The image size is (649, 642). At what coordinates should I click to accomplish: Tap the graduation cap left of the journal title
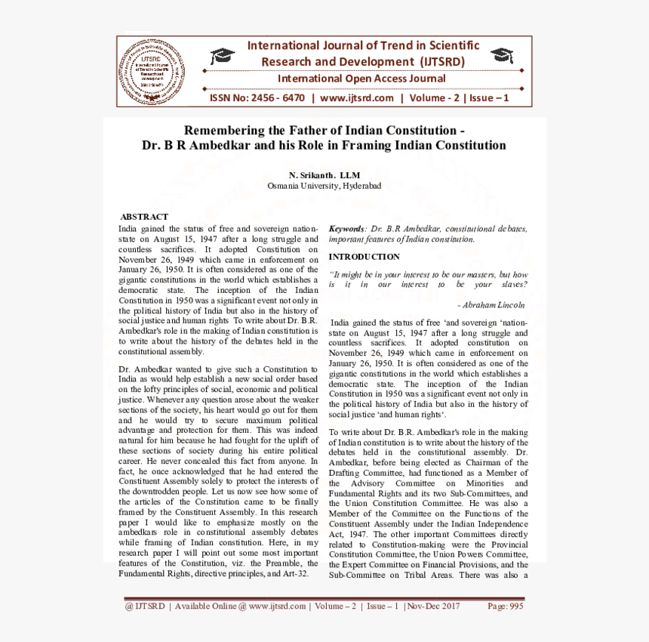tap(223, 55)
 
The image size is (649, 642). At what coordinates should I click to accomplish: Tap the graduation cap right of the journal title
tap(501, 55)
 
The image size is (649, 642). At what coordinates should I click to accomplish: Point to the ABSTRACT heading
tap(144, 217)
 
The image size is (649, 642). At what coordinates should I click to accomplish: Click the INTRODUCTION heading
tap(364, 257)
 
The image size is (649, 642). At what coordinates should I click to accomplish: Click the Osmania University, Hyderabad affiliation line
tap(324, 185)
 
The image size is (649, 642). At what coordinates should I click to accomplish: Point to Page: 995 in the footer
tap(505, 606)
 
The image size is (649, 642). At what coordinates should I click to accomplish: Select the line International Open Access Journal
tap(361, 79)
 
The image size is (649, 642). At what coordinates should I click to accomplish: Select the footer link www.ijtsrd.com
tap(277, 606)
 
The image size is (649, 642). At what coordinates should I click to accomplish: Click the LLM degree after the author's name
tap(350, 174)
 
